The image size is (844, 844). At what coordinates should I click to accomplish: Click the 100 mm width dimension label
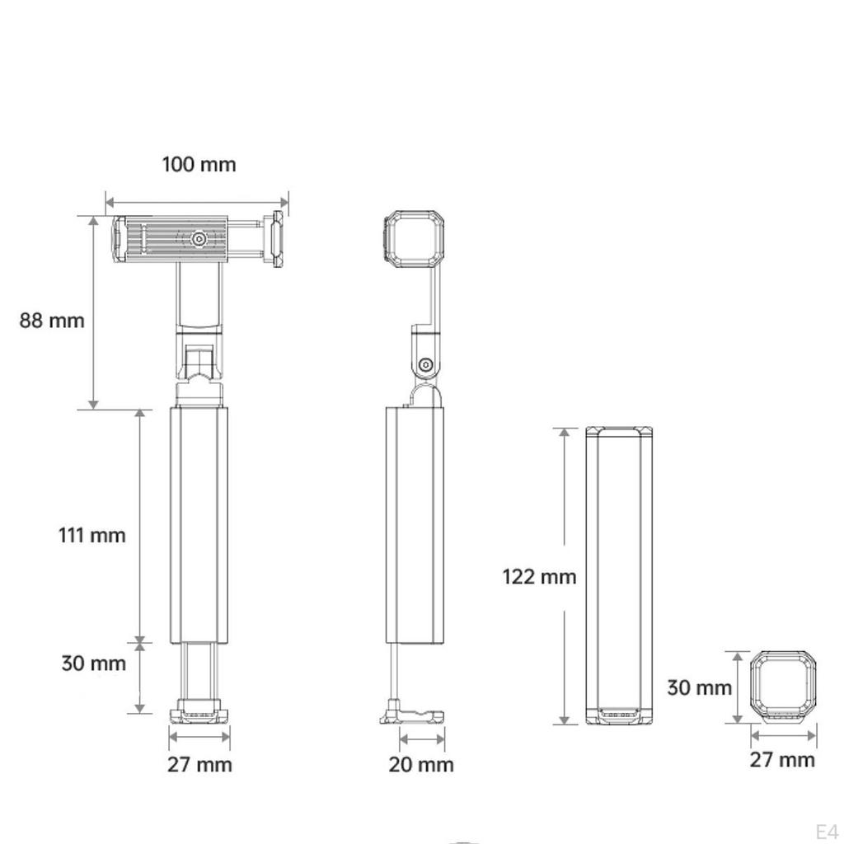pos(199,164)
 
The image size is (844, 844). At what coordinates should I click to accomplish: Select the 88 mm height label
pos(52,320)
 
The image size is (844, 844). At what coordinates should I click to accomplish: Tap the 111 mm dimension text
pos(91,535)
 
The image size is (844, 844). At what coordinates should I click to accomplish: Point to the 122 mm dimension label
pos(539,576)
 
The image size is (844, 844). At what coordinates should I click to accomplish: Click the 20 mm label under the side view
pos(421,765)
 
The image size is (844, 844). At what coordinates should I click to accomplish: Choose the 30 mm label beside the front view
pos(93,663)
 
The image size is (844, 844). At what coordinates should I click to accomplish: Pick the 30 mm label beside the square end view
pos(699,687)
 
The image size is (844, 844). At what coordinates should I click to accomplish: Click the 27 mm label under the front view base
pos(199,765)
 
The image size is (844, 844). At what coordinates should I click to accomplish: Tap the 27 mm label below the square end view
pos(782,760)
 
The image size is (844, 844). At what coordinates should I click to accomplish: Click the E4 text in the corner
pos(826,830)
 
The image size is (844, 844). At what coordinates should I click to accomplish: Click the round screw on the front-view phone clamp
pos(199,239)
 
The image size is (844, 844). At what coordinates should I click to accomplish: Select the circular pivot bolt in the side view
pos(425,364)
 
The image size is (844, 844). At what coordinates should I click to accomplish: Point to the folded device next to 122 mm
pos(619,576)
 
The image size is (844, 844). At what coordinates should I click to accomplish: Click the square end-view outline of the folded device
pos(784,687)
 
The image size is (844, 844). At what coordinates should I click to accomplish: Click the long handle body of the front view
pos(199,524)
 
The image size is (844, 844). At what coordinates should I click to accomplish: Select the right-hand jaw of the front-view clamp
pos(275,239)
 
